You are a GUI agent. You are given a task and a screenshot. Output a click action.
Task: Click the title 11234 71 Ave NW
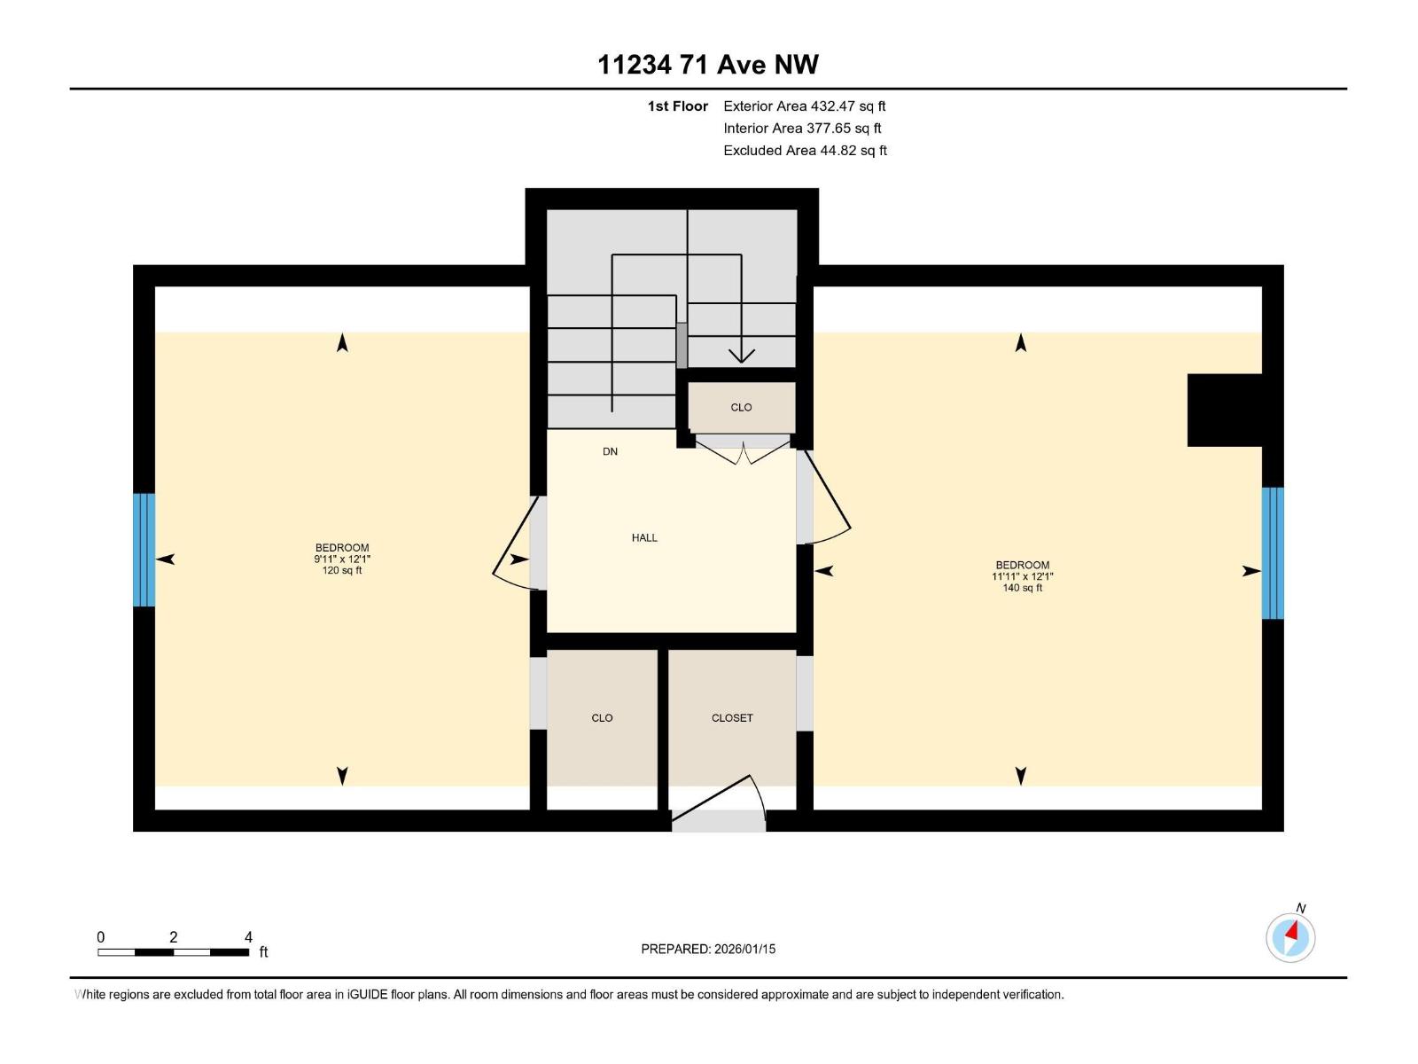(707, 65)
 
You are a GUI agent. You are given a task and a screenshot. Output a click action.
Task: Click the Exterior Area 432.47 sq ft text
(804, 106)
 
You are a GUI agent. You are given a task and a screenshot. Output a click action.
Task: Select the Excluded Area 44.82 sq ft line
(804, 151)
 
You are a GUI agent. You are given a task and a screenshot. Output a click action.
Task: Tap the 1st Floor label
(677, 106)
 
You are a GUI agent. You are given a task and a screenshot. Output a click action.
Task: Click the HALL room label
(644, 537)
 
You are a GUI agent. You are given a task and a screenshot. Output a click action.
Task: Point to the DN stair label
(610, 451)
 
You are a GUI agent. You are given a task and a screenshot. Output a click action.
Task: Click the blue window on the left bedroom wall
(144, 550)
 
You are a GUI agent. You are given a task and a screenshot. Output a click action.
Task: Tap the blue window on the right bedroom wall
(1273, 552)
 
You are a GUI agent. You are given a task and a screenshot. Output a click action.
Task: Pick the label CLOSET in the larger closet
(732, 718)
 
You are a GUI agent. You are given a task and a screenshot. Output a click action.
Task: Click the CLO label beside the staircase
(741, 408)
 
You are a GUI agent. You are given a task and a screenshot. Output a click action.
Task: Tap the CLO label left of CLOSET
(602, 718)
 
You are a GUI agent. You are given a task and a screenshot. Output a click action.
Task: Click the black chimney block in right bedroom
(1224, 410)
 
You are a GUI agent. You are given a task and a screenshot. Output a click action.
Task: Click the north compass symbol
(1290, 936)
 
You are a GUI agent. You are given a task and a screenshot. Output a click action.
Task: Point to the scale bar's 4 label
(248, 937)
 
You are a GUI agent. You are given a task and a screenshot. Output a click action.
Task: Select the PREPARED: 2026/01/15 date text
(708, 949)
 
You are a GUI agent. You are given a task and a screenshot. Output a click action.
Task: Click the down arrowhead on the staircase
(741, 356)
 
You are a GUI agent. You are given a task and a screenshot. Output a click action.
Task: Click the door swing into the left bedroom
(512, 550)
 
